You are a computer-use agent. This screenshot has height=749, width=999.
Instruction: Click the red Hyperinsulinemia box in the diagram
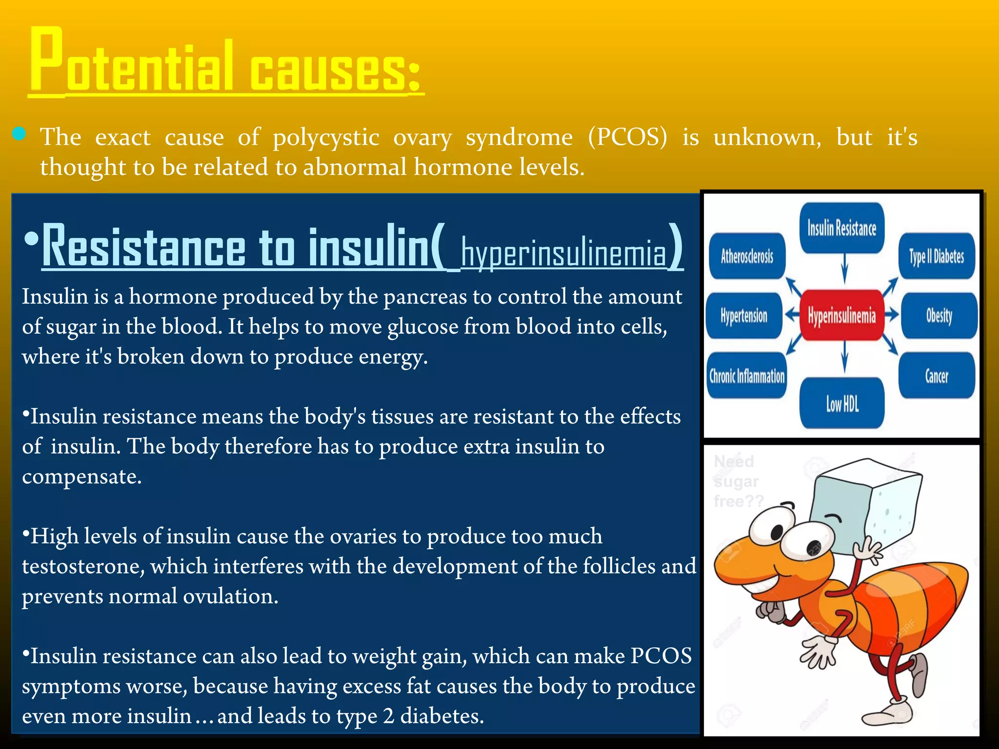click(841, 315)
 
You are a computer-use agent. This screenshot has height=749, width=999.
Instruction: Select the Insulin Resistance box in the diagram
click(841, 228)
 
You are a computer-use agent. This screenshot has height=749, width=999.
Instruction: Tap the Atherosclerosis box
click(747, 256)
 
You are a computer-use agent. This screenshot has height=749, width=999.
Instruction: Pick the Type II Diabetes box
click(937, 256)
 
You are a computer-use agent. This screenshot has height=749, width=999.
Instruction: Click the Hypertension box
click(744, 315)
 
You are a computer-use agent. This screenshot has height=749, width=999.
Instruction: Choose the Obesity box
click(939, 315)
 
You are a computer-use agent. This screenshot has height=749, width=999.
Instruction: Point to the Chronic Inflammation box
click(747, 375)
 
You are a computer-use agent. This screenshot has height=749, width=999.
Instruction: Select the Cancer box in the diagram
click(937, 375)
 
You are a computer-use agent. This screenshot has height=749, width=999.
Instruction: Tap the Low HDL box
click(842, 403)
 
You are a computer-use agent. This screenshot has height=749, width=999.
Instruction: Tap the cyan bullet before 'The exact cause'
click(19, 134)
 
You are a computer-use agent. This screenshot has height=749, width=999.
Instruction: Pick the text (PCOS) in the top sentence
click(627, 137)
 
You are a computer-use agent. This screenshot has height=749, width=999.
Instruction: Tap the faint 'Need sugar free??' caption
click(737, 481)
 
